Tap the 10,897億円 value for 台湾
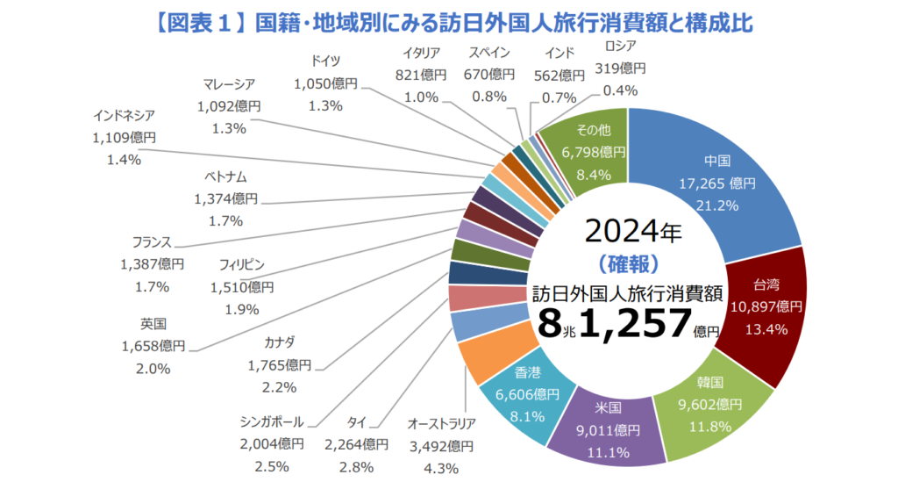(x=766, y=307)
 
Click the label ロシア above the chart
(x=620, y=47)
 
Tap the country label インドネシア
(x=125, y=116)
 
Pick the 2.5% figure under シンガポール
(x=272, y=466)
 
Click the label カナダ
(x=279, y=342)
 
